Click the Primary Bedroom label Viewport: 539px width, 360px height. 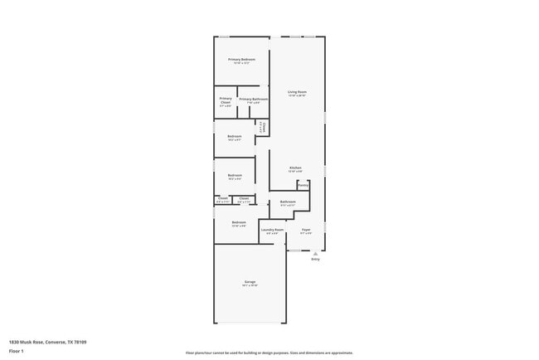pyautogui.click(x=241, y=60)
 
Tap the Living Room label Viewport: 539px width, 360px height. pyautogui.click(x=297, y=91)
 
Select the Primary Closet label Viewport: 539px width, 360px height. pyautogui.click(x=226, y=100)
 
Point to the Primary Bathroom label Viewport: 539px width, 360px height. pyautogui.click(x=253, y=100)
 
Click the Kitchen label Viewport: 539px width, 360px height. pyautogui.click(x=295, y=168)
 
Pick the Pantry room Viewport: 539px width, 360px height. pyautogui.click(x=303, y=185)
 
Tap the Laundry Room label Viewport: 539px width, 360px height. pyautogui.click(x=273, y=229)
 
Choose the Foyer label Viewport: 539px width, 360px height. pyautogui.click(x=306, y=229)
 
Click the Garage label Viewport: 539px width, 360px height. pyautogui.click(x=250, y=282)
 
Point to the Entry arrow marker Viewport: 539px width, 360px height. pyautogui.click(x=315, y=254)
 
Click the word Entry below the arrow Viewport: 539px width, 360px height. pyautogui.click(x=315, y=260)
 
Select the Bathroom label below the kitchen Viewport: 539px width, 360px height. pyautogui.click(x=288, y=202)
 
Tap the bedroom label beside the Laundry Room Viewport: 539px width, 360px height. pyautogui.click(x=239, y=222)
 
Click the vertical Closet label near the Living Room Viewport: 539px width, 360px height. pyautogui.click(x=263, y=126)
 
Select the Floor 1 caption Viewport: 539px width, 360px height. pyautogui.click(x=16, y=351)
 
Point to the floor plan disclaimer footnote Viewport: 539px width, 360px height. pyautogui.click(x=269, y=352)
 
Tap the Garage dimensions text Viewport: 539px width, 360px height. pyautogui.click(x=250, y=286)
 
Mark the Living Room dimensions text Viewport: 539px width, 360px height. pyautogui.click(x=297, y=95)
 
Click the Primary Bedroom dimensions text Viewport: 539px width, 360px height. pyautogui.click(x=241, y=64)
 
